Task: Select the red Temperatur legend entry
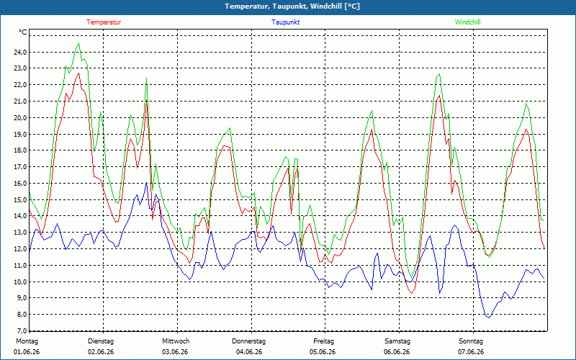[104, 22]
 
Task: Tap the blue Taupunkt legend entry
[285, 22]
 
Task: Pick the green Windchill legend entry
[467, 22]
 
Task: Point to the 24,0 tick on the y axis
[20, 52]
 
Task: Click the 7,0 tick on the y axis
[20, 330]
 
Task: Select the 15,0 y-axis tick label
[20, 200]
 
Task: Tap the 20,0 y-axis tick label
[20, 117]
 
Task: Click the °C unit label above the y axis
[23, 32]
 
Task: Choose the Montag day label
[27, 341]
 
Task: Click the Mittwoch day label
[176, 341]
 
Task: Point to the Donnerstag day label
[248, 341]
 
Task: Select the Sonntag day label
[471, 341]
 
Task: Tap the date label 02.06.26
[101, 352]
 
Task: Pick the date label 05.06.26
[323, 352]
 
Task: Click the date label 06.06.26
[397, 352]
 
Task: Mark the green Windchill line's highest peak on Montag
[78, 43]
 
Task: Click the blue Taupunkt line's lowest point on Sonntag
[489, 318]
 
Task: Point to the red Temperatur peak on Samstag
[439, 96]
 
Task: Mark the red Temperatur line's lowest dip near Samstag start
[412, 293]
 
